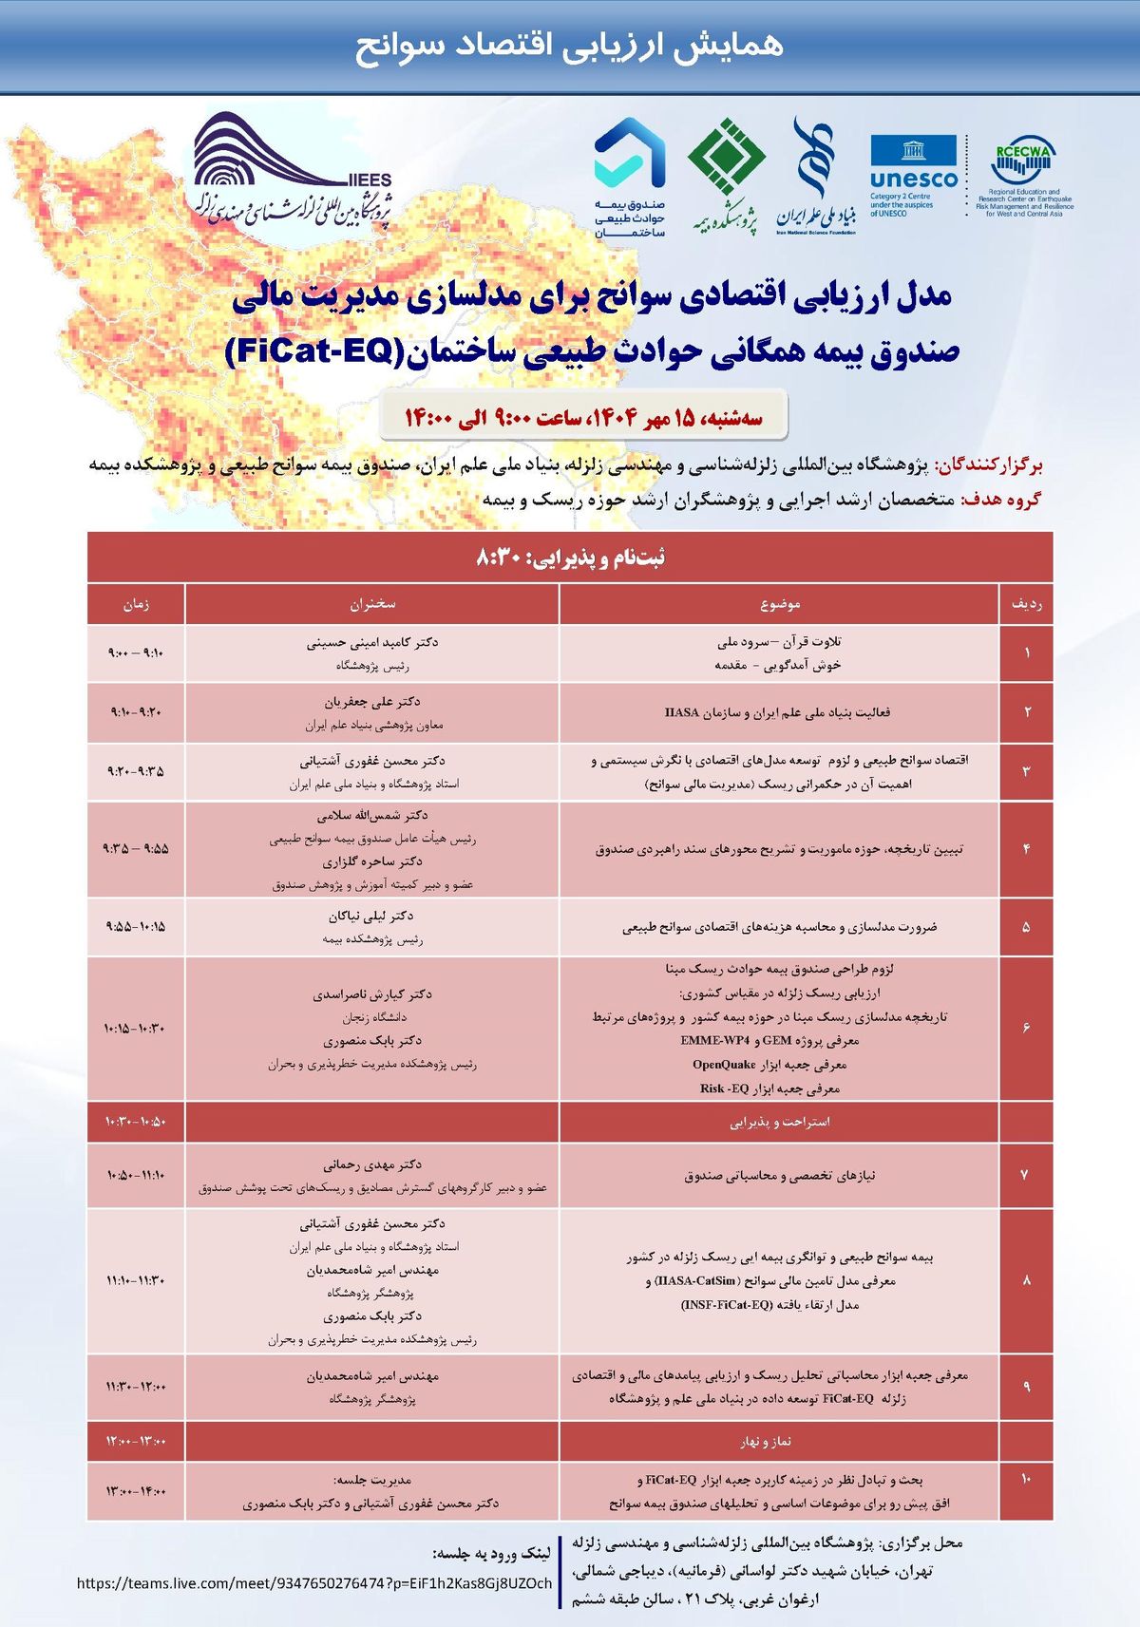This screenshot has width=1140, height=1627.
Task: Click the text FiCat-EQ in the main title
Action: [x=309, y=351]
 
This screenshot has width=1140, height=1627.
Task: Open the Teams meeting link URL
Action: [x=313, y=1583]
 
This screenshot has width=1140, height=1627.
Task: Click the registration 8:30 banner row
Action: [x=570, y=558]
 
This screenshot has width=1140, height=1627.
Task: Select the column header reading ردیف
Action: [x=1026, y=604]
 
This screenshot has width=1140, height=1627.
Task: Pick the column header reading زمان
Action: [x=136, y=604]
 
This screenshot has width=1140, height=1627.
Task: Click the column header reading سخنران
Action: [x=372, y=604]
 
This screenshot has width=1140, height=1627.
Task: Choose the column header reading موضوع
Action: [x=780, y=604]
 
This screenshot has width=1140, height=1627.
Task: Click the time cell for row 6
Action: [x=136, y=1029]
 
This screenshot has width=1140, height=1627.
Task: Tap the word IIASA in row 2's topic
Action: [x=682, y=712]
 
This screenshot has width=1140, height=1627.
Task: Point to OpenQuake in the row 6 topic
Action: [x=724, y=1064]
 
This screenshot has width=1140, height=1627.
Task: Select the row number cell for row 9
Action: [x=1026, y=1387]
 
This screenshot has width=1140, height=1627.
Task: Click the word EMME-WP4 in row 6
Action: [x=714, y=1040]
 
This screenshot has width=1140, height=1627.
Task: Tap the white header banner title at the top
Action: [x=570, y=46]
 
